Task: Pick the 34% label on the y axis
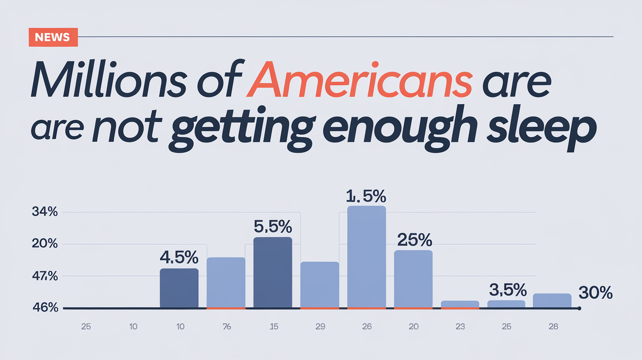(x=45, y=212)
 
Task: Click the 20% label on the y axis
(x=45, y=244)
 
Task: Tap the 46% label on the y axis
(x=45, y=308)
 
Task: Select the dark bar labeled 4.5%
(x=179, y=288)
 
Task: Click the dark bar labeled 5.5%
(x=273, y=272)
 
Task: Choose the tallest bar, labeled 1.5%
(x=367, y=257)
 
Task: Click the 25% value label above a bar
(x=414, y=240)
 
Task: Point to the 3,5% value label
(x=508, y=290)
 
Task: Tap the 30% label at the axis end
(x=596, y=293)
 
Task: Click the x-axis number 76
(x=226, y=327)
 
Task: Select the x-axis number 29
(x=320, y=327)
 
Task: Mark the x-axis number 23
(x=460, y=327)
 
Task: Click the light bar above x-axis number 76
(x=226, y=282)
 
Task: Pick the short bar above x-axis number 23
(x=460, y=304)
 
